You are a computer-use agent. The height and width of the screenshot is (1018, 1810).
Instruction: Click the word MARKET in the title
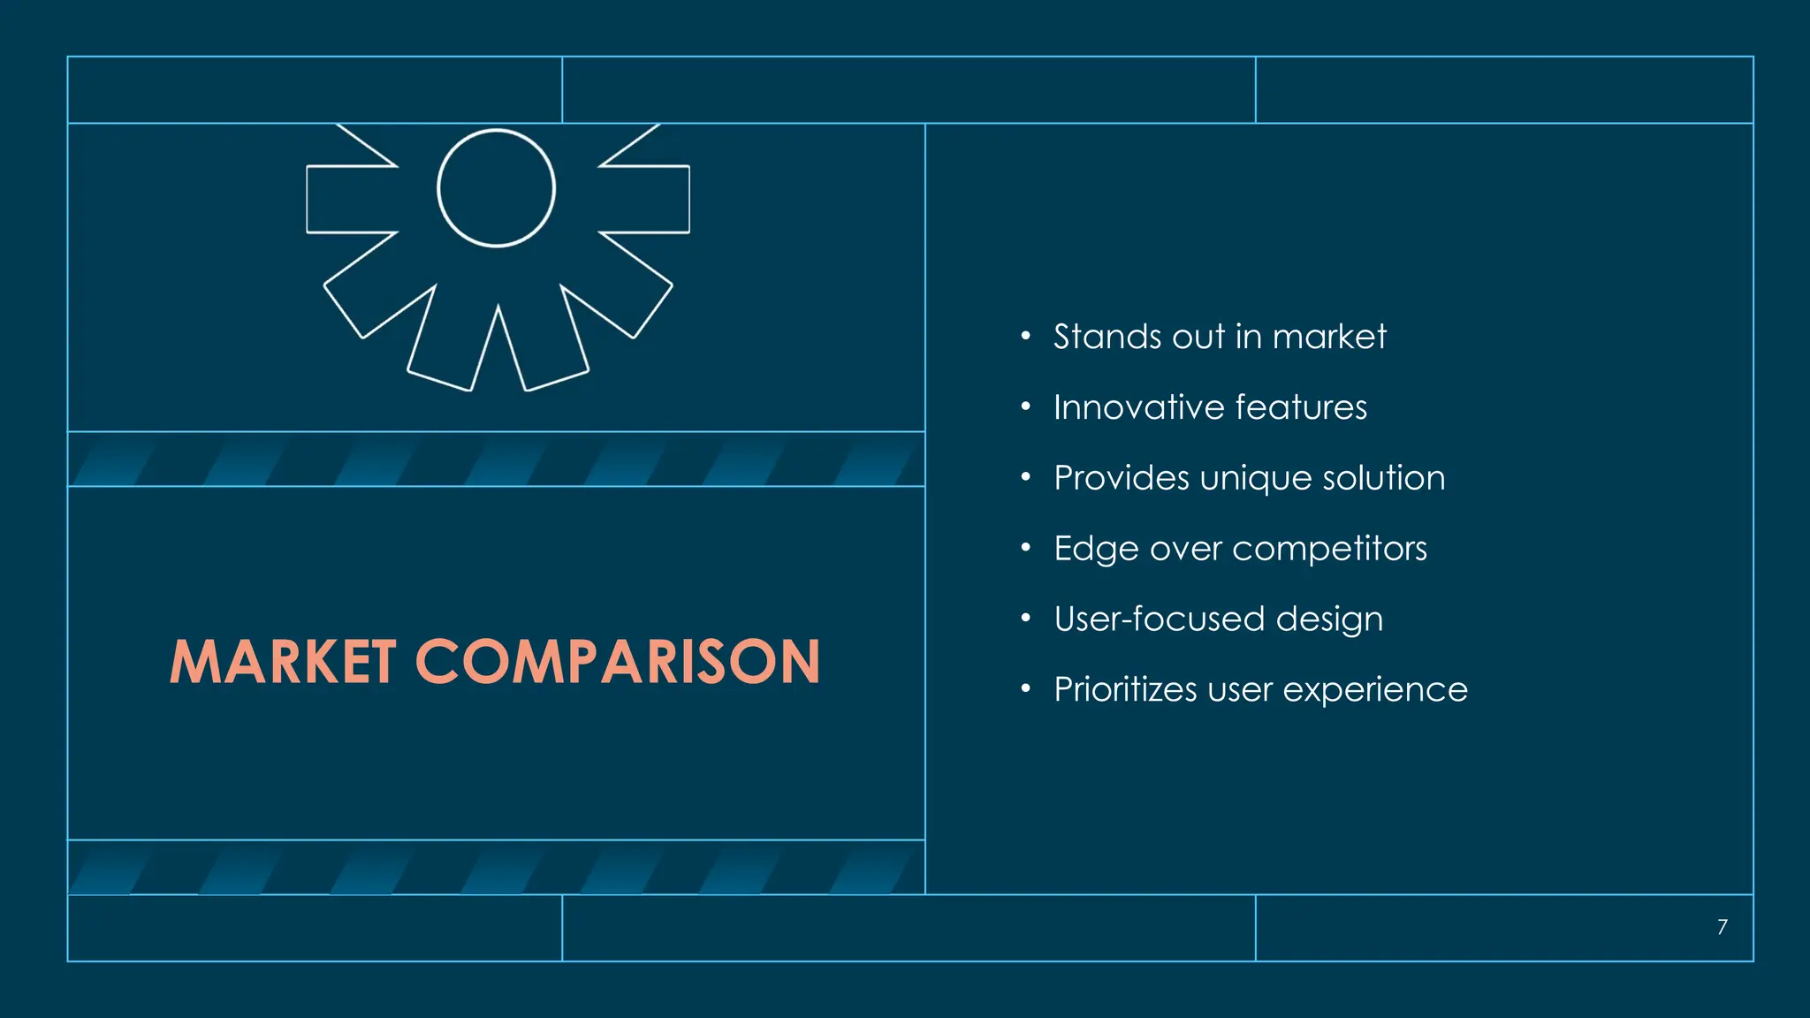pyautogui.click(x=282, y=662)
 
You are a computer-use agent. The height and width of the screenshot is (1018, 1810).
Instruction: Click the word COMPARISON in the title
pyautogui.click(x=618, y=662)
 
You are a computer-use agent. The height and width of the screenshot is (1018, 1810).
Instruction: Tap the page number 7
pyautogui.click(x=1722, y=927)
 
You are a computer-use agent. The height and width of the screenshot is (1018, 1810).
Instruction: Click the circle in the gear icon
pyautogui.click(x=496, y=188)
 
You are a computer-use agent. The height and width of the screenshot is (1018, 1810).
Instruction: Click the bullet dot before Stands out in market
pyautogui.click(x=1025, y=336)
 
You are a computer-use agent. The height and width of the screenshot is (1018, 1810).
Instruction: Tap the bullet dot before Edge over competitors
pyautogui.click(x=1025, y=548)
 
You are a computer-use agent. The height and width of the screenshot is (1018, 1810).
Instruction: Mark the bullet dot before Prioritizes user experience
pyautogui.click(x=1025, y=688)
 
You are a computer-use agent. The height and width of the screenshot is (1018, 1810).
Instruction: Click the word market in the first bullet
pyautogui.click(x=1329, y=337)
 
